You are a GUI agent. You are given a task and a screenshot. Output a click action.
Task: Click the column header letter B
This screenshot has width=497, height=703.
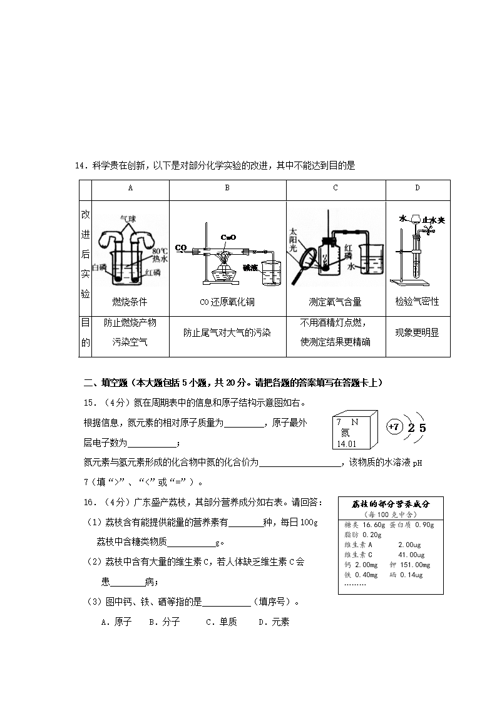click(227, 188)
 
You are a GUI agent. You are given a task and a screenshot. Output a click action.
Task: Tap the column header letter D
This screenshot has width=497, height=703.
click(418, 188)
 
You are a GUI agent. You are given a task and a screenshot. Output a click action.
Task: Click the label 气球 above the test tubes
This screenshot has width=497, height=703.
click(130, 218)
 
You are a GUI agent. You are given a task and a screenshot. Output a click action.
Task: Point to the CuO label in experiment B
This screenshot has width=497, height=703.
click(228, 237)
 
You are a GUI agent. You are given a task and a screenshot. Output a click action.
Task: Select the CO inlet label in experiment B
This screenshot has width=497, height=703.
click(181, 247)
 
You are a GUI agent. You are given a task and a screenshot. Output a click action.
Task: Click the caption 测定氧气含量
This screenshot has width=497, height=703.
click(336, 302)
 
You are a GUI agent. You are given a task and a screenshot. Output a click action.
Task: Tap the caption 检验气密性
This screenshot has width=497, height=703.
click(418, 302)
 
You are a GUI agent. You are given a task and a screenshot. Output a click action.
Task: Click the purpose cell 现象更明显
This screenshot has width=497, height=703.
click(418, 333)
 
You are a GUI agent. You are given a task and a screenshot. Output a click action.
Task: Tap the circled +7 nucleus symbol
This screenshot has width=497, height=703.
click(393, 427)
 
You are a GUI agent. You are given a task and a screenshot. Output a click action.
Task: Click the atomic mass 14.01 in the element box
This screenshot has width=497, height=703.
click(346, 444)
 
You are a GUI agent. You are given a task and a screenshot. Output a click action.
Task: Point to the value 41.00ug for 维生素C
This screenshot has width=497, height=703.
click(411, 555)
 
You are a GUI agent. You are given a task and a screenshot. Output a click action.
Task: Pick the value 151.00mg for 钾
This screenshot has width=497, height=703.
click(416, 565)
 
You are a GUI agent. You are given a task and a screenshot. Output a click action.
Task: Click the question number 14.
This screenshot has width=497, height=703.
click(79, 165)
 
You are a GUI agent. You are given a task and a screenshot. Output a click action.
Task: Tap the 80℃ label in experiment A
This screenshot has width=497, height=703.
click(160, 250)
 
